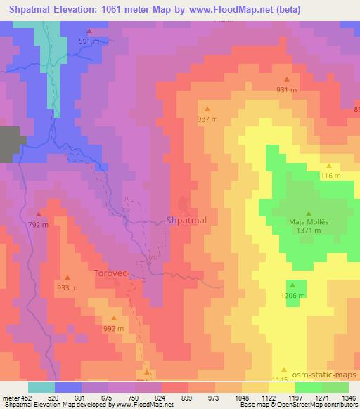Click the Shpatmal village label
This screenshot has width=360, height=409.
[186, 221]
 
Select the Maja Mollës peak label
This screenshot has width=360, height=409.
[309, 223]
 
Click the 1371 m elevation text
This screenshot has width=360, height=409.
[309, 231]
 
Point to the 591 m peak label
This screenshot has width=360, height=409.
[89, 41]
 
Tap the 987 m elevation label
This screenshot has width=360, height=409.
[207, 119]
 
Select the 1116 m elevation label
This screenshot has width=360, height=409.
[328, 176]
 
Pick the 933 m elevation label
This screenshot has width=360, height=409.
[67, 287]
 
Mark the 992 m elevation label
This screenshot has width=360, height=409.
[113, 328]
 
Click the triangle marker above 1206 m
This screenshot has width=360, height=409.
[292, 285]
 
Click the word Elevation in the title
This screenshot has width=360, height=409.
[76, 9]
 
